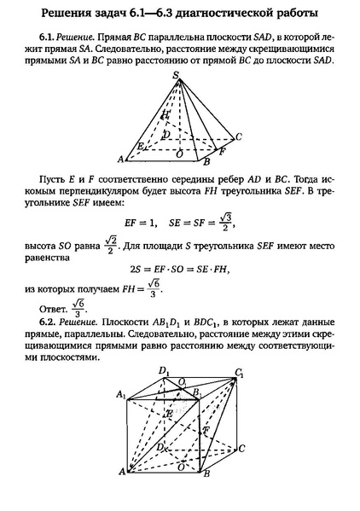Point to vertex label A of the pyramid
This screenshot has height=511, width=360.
click(x=122, y=159)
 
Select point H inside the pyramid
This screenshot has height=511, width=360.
click(x=165, y=114)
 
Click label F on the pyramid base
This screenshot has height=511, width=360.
click(x=222, y=153)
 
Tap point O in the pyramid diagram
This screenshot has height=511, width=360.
click(x=178, y=154)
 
